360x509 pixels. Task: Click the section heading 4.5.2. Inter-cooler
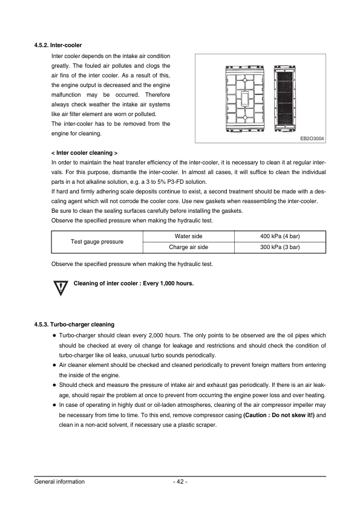(57, 45)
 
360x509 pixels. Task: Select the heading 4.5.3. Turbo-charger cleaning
(74, 325)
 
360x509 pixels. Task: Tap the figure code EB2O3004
(312, 138)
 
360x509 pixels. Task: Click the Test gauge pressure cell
(97, 241)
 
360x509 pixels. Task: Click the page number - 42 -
(180, 482)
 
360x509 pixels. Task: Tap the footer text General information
(59, 482)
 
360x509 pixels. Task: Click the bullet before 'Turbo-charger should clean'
(54, 336)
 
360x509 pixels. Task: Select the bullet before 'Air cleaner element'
(54, 365)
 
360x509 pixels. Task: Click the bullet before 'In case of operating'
(54, 405)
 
